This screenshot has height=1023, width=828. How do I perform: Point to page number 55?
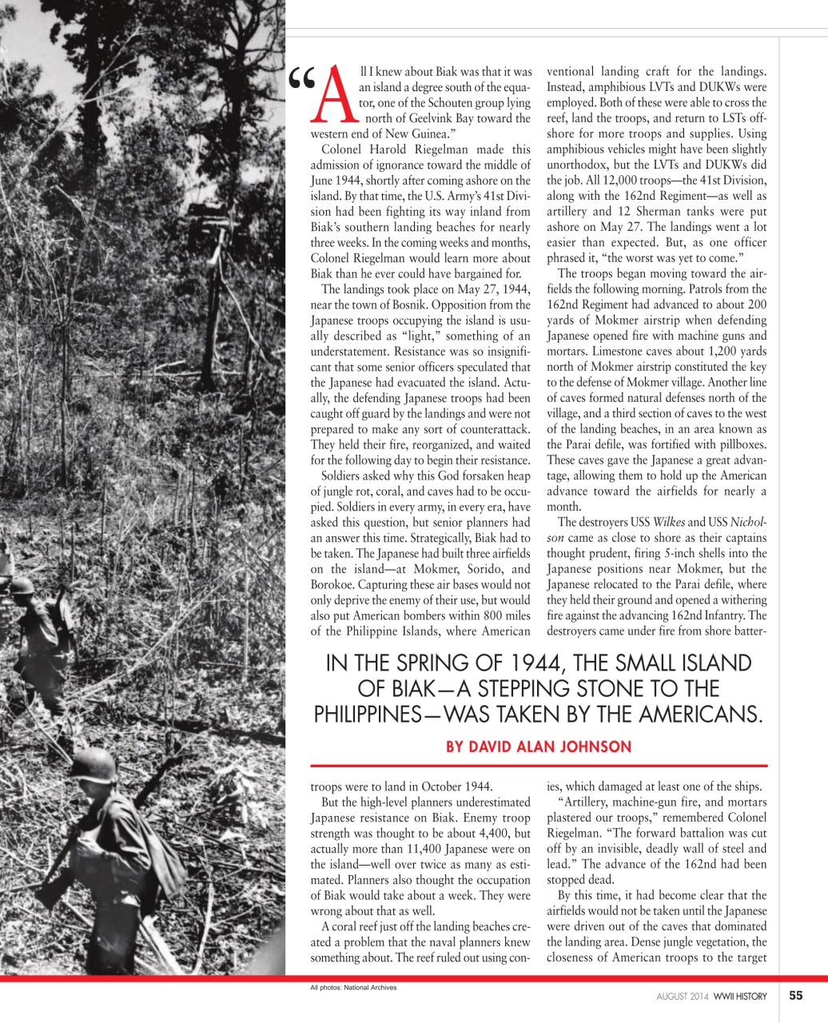[795, 995]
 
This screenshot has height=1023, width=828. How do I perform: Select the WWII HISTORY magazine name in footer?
[740, 996]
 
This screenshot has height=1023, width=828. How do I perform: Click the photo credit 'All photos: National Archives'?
[353, 987]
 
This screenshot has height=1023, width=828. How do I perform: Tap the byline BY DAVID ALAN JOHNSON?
[538, 746]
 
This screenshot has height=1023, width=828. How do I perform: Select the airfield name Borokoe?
[334, 584]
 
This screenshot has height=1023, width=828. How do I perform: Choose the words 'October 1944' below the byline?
[458, 786]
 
